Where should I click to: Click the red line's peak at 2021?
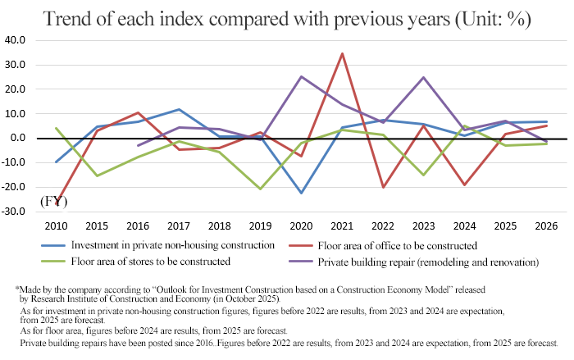click(x=342, y=53)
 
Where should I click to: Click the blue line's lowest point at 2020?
click(x=302, y=194)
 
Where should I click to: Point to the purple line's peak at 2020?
click(x=302, y=76)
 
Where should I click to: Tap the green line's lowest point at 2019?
click(x=262, y=189)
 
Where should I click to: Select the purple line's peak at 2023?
click(x=423, y=77)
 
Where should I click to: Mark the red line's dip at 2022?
click(x=382, y=188)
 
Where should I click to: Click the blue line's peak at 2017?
click(x=179, y=109)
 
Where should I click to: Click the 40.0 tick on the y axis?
click(x=17, y=39)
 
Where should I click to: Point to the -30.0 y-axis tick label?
click(x=16, y=212)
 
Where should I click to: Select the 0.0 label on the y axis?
click(x=20, y=138)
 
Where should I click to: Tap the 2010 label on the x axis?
click(x=57, y=226)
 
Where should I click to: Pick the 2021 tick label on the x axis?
click(x=342, y=226)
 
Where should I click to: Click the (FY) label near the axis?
click(x=53, y=201)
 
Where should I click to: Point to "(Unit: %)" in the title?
click(x=487, y=18)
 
